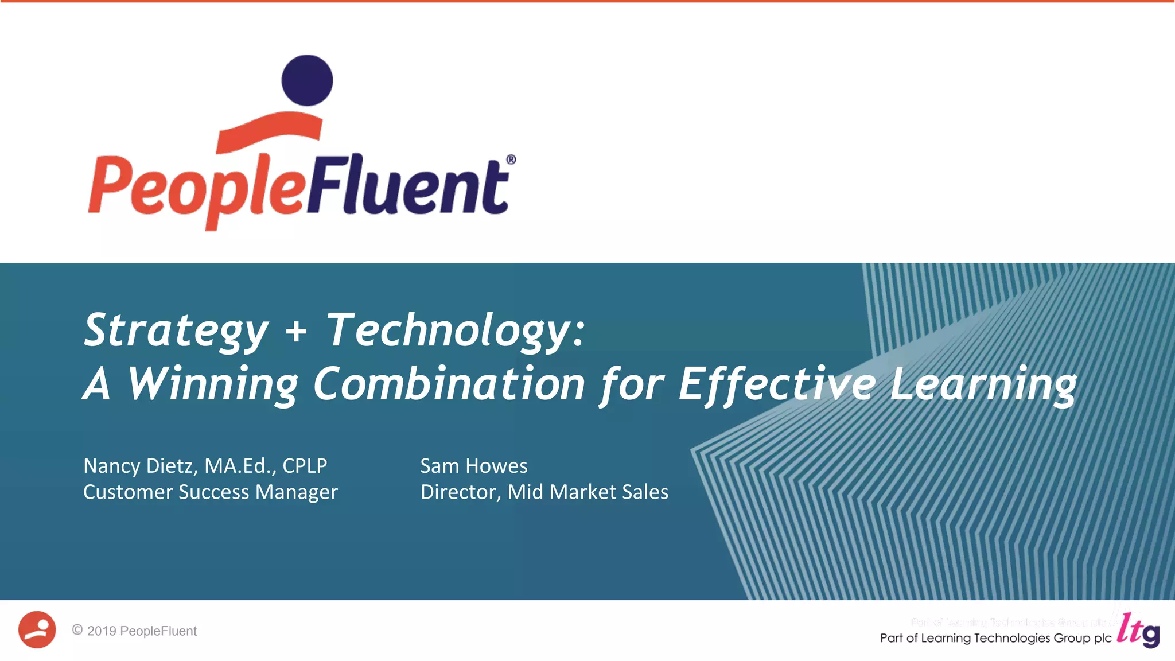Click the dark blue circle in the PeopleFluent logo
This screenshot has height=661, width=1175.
coord(307,80)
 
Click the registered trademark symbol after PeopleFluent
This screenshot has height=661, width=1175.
coord(511,160)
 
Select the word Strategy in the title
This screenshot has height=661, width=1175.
coord(176,331)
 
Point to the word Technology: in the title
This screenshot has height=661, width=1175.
coord(456,331)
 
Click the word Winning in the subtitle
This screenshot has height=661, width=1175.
coord(212,384)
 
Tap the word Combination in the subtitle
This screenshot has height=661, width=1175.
coord(449,384)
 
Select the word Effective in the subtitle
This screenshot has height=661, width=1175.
coord(777,384)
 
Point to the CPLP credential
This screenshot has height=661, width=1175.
coord(305,466)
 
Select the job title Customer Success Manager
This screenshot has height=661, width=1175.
coord(210,492)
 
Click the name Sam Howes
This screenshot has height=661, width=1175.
coord(474,466)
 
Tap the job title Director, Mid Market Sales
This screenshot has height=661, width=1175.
coord(544,492)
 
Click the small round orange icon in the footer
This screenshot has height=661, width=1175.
coord(37,629)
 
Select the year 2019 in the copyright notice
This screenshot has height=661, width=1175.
coord(102,631)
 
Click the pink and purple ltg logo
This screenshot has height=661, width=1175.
coord(1138,631)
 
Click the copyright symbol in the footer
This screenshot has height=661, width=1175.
coord(77,630)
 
